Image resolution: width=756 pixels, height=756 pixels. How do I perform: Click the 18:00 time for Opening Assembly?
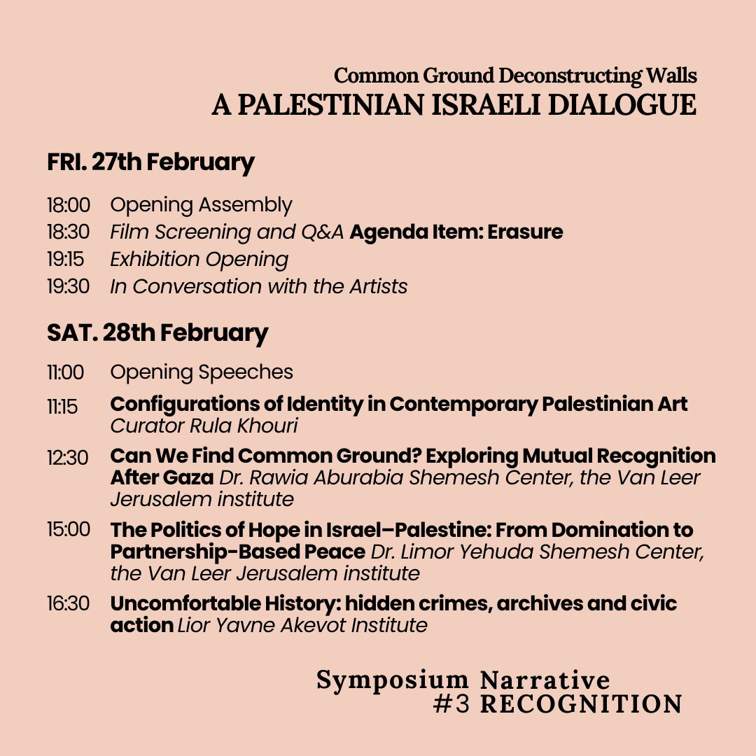pyautogui.click(x=69, y=205)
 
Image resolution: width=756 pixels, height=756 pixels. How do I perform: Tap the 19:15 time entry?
pyautogui.click(x=66, y=260)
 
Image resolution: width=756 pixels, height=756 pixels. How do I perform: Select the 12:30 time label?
pyautogui.click(x=68, y=458)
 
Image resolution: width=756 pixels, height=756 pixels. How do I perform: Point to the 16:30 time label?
pyautogui.click(x=69, y=603)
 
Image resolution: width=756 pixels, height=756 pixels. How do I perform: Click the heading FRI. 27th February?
pyautogui.click(x=150, y=162)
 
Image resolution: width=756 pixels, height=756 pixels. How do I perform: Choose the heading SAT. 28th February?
pyautogui.click(x=157, y=332)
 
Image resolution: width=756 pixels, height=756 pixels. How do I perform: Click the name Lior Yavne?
pyautogui.click(x=226, y=624)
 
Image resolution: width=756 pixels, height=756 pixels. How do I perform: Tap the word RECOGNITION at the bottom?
pyautogui.click(x=581, y=704)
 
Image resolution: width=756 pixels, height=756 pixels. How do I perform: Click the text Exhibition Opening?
pyautogui.click(x=199, y=260)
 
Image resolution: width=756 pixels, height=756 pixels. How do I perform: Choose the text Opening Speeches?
pyautogui.click(x=202, y=372)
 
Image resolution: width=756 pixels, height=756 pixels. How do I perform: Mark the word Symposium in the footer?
pyautogui.click(x=393, y=680)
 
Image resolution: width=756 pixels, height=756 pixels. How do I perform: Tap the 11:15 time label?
pyautogui.click(x=63, y=406)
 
